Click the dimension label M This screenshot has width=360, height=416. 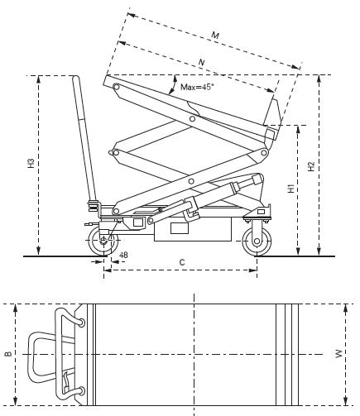coord(215,36)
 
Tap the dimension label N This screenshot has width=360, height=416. coord(202,62)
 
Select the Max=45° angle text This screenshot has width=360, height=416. coord(197,87)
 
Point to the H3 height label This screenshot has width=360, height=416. coord(31,163)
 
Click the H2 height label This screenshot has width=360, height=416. coord(311,166)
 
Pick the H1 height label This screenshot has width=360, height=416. coord(291,188)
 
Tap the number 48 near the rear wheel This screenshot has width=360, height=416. coord(123,255)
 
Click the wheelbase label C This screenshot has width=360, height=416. coord(182,262)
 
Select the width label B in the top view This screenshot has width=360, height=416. coord(8,354)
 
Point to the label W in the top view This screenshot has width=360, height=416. coord(338,354)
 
